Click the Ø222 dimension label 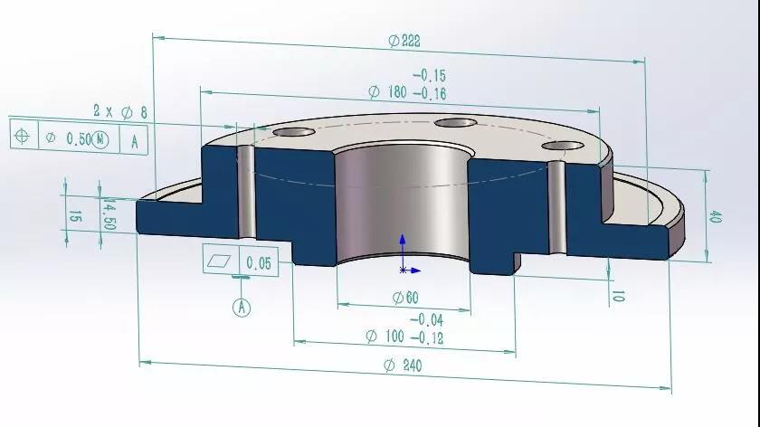(404, 41)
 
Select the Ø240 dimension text (403, 365)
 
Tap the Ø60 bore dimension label (405, 297)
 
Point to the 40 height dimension (715, 216)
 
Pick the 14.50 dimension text (109, 213)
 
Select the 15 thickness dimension (74, 216)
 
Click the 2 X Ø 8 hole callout (120, 112)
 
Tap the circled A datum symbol (242, 307)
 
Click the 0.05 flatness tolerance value (259, 262)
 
